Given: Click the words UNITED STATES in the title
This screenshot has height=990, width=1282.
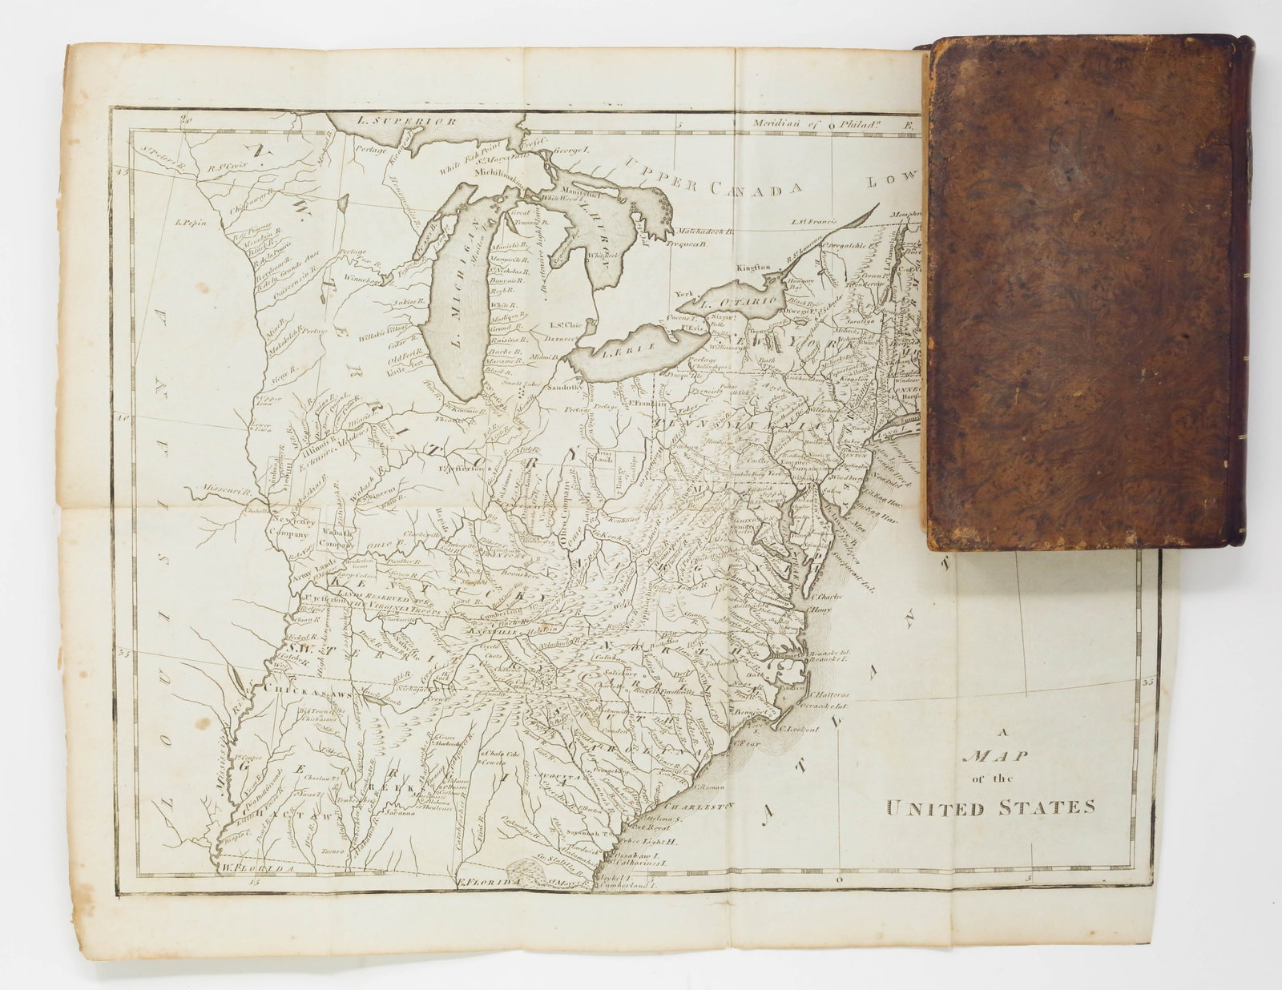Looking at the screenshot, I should click(x=990, y=807).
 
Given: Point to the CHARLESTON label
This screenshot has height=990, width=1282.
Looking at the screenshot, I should click(x=699, y=806).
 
